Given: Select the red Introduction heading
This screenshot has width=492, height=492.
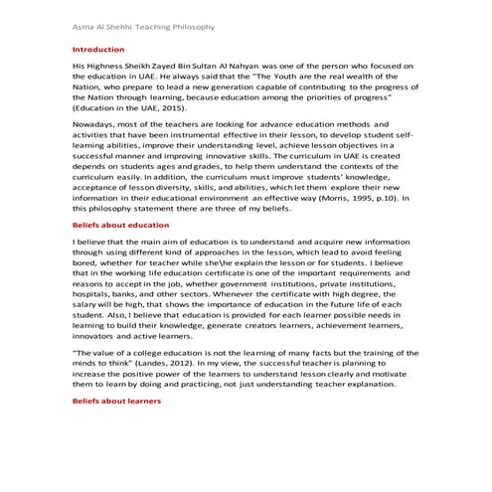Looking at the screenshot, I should (99, 48).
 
